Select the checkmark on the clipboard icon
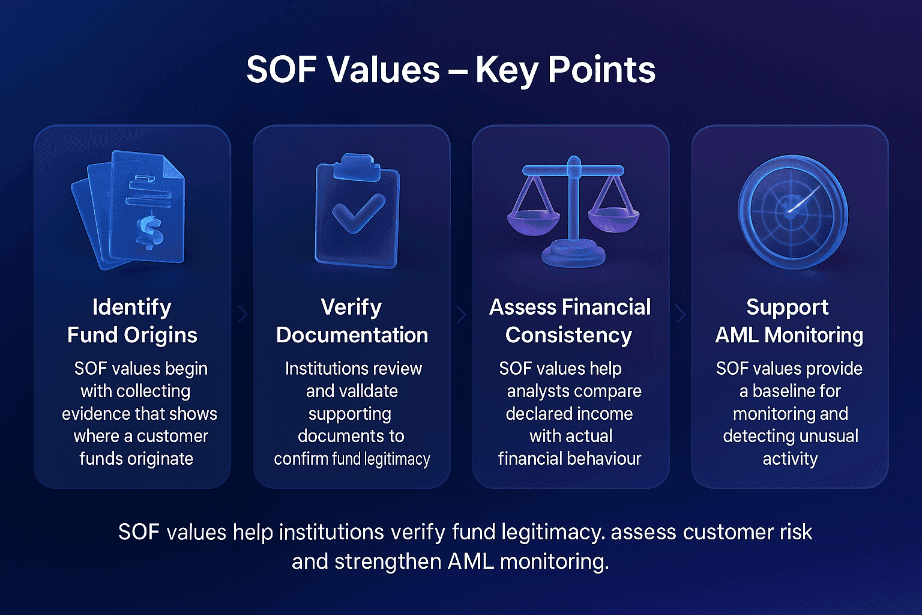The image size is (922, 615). pos(358,213)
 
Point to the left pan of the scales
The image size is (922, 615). pos(531,219)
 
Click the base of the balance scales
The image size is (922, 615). pos(573,253)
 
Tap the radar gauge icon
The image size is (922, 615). pos(792,211)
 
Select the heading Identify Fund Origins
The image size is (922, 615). pos(132,321)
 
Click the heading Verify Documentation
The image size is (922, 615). pos(352,321)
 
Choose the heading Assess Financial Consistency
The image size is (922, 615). pos(570,321)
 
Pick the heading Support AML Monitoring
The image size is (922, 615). pos(789,321)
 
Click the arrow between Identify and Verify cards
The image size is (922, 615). pos(243,314)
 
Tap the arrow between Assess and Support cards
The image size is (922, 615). pos(681,314)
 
